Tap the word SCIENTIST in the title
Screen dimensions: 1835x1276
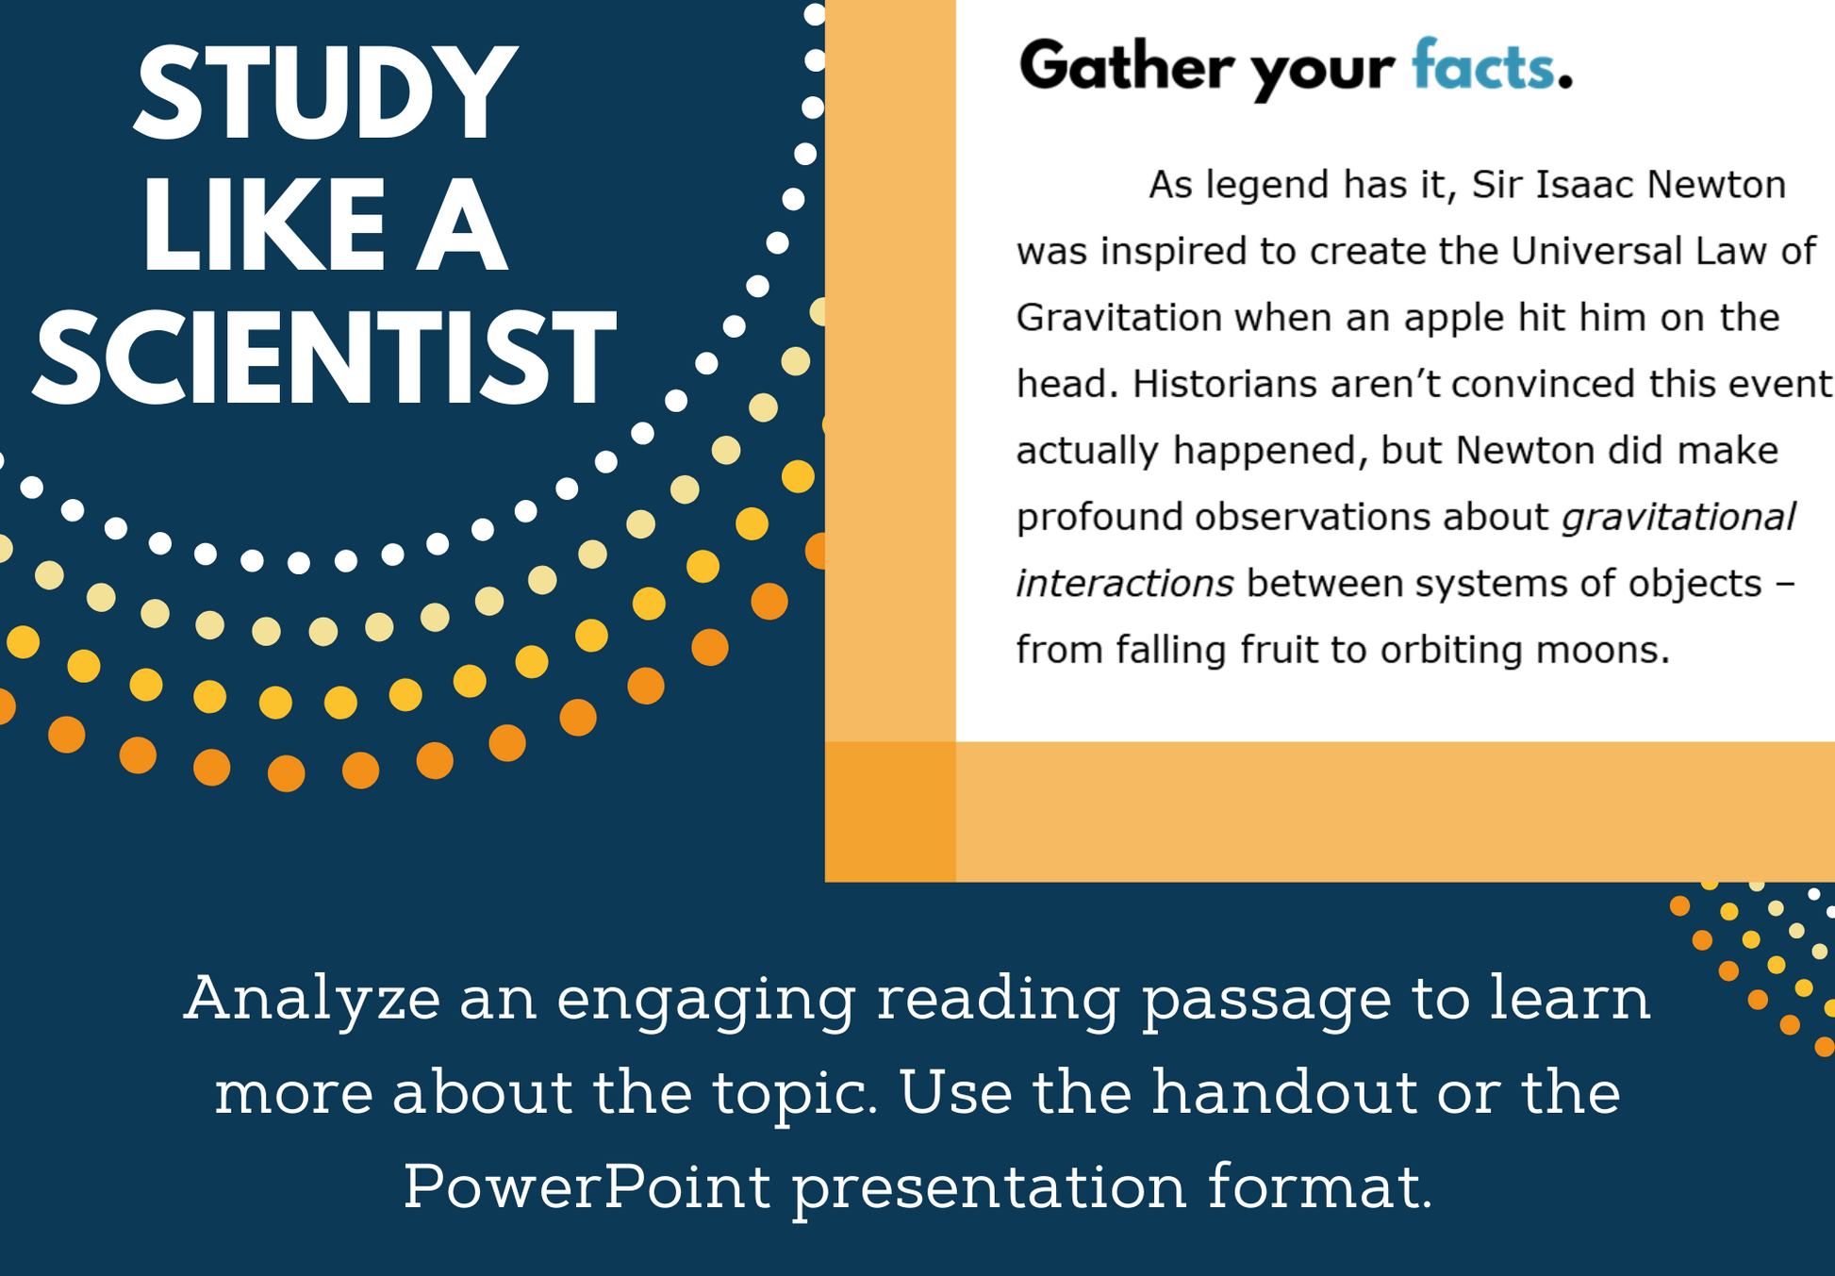[x=325, y=359]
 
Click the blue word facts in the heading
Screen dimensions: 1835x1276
[x=1483, y=66]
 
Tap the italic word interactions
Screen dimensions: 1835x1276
[x=1125, y=584]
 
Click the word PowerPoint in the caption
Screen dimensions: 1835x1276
[x=587, y=1186]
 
